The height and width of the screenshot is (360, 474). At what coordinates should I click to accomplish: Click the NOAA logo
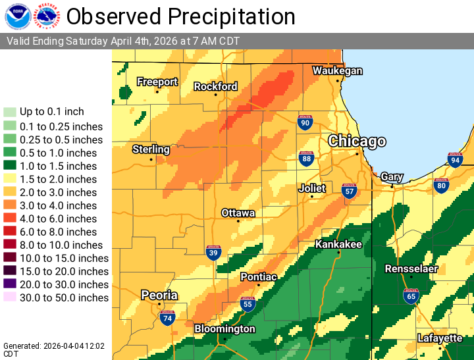coord(17,16)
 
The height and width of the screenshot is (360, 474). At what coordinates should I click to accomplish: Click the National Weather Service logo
coord(47,16)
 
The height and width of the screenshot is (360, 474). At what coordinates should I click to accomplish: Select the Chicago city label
coord(357,141)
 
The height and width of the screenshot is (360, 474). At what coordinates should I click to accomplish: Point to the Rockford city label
coord(215,86)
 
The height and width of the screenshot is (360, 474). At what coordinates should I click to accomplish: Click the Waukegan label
coord(337,70)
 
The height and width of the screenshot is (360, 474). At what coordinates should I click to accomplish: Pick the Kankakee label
coord(338,244)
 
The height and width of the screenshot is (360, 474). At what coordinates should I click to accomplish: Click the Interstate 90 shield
coord(304,122)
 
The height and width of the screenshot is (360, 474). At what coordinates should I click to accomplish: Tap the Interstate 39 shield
coord(213,253)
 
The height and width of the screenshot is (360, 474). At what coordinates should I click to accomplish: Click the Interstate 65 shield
coord(411,296)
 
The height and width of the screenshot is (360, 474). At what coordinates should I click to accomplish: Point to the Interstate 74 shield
coord(167,318)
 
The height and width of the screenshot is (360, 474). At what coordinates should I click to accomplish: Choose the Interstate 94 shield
coord(455,159)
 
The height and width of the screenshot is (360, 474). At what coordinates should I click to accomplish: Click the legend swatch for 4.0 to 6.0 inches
coord(10,219)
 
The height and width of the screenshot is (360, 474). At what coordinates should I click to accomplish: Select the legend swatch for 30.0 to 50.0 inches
coord(10,297)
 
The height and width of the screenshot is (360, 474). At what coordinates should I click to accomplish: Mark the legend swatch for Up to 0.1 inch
coord(10,112)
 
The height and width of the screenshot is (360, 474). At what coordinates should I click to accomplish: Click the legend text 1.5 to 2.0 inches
coord(58,179)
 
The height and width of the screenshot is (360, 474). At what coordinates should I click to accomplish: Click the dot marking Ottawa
coord(238,221)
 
